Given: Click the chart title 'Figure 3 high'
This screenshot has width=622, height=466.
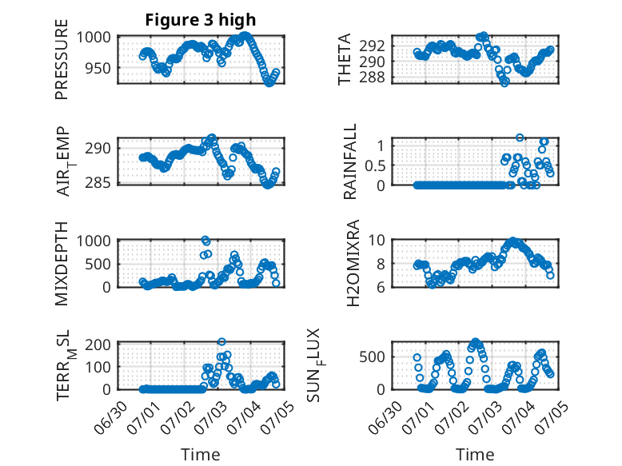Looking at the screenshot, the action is click(x=201, y=20).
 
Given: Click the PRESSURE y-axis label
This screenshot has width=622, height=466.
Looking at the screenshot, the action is click(x=62, y=59).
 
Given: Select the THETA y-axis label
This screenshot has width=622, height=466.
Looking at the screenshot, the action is click(x=345, y=59).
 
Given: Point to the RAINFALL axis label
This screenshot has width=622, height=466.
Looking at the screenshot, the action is click(x=350, y=161).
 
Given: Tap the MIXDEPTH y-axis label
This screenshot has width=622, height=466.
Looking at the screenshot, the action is click(x=62, y=264).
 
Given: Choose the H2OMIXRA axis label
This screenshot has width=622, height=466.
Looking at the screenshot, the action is click(x=353, y=263).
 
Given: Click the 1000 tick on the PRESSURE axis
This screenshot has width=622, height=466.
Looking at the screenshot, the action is click(x=94, y=38).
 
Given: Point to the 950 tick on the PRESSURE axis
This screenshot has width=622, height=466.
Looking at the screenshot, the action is click(x=98, y=68).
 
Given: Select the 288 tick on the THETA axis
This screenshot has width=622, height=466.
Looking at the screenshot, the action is click(x=372, y=78).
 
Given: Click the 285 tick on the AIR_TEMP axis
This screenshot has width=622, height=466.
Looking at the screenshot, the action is click(x=98, y=183).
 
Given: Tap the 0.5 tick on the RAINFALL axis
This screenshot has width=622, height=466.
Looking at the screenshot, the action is click(x=375, y=165).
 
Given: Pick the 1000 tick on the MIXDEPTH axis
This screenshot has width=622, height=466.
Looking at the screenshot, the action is click(x=94, y=241).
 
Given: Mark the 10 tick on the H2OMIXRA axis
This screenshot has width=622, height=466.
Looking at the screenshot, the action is click(x=377, y=240).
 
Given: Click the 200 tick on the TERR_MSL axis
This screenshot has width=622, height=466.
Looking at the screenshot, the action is click(x=98, y=345).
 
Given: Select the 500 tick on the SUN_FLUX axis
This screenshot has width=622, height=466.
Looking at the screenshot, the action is click(x=372, y=357).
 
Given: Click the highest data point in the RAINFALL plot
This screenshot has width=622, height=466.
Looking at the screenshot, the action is click(x=520, y=137).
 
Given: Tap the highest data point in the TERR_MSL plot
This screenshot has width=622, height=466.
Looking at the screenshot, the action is click(x=221, y=342).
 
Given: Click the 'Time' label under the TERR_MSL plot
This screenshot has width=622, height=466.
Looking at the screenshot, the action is click(x=201, y=454).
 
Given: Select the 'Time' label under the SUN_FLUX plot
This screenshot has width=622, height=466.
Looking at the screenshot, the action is click(x=475, y=454).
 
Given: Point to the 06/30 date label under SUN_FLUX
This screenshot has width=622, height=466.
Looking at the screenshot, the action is click(x=386, y=417).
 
